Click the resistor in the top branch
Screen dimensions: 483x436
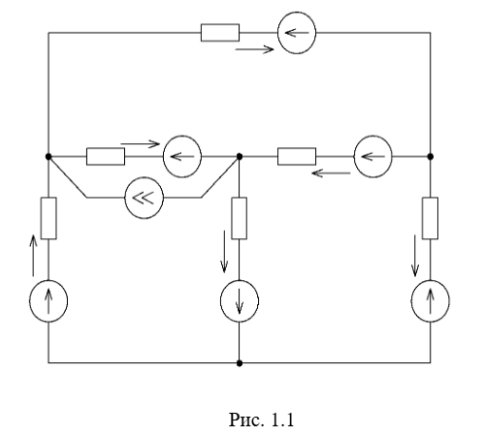click(x=220, y=33)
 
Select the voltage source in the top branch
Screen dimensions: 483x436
click(x=297, y=33)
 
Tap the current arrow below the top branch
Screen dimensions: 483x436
click(x=254, y=49)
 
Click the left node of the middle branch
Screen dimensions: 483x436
click(x=48, y=157)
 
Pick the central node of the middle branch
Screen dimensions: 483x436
click(x=240, y=157)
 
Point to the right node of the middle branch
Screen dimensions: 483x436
click(x=431, y=157)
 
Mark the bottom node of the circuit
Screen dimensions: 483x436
click(x=240, y=363)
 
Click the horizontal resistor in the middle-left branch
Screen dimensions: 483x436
click(x=106, y=157)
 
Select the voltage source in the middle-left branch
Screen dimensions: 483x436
click(x=182, y=157)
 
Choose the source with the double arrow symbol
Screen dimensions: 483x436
click(x=145, y=198)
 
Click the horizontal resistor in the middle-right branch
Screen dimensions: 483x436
click(x=297, y=157)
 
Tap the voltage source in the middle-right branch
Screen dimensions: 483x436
click(x=373, y=157)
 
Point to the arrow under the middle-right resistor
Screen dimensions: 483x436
click(x=331, y=173)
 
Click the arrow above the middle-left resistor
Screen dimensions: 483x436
click(x=141, y=143)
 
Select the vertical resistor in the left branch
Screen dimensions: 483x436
click(x=48, y=218)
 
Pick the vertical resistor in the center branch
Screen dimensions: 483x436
click(x=240, y=218)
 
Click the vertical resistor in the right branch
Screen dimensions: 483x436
click(x=431, y=218)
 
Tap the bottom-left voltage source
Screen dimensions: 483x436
click(x=48, y=301)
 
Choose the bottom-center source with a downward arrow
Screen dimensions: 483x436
click(x=240, y=301)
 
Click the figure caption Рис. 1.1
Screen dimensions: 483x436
click(x=262, y=420)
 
